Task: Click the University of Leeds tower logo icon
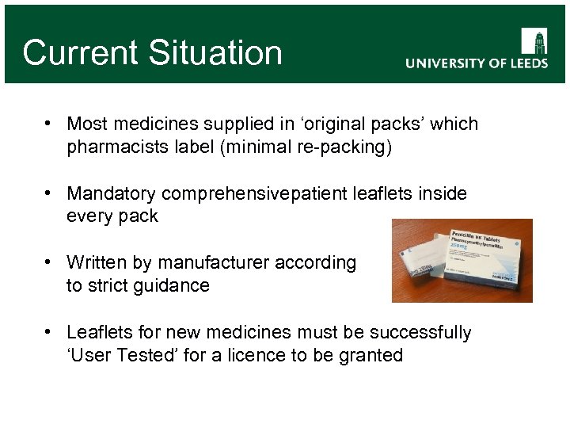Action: [x=534, y=40]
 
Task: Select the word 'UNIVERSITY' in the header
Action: [x=446, y=63]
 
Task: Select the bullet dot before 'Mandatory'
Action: [x=49, y=193]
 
